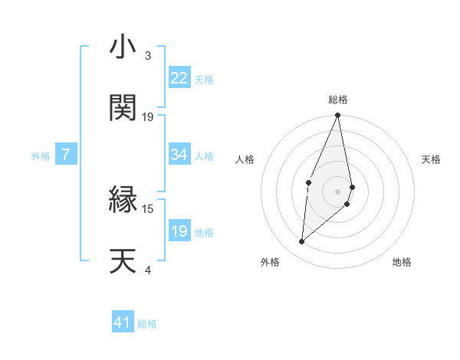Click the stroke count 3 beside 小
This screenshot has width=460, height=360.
click(147, 56)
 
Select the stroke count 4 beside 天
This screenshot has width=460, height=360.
click(147, 269)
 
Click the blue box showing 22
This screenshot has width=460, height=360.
click(179, 78)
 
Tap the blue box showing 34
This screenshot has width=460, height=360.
click(179, 155)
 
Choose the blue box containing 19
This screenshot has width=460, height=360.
click(179, 231)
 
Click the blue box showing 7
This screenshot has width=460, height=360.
click(66, 155)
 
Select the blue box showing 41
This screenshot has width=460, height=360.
click(123, 322)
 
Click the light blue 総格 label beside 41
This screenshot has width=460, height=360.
click(147, 324)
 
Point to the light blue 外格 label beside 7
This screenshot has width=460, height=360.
click(41, 156)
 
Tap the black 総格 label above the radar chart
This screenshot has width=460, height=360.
click(338, 100)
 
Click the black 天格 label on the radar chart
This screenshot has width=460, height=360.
click(432, 159)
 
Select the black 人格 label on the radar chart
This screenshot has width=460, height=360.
click(245, 159)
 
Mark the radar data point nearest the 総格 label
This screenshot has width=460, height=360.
click(337, 116)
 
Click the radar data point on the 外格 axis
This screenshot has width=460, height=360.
click(302, 242)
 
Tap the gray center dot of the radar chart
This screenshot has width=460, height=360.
click(338, 191)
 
